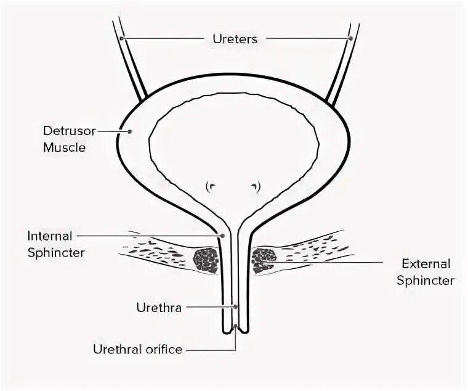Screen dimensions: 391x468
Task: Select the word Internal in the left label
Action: pyautogui.click(x=50, y=236)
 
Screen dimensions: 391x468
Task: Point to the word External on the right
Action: pyautogui.click(x=426, y=264)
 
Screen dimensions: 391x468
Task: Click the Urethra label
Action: pyautogui.click(x=158, y=307)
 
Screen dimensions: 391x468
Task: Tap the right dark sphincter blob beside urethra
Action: pyautogui.click(x=264, y=259)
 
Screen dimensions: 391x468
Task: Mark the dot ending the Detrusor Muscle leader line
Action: pyautogui.click(x=130, y=131)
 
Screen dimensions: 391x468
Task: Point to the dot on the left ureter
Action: pyautogui.click(x=122, y=39)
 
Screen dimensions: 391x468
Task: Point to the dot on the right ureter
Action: pyautogui.click(x=350, y=39)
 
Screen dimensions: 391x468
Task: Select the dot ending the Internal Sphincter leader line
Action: pyautogui.click(x=222, y=236)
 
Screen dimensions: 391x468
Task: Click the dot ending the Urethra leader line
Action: pyautogui.click(x=235, y=306)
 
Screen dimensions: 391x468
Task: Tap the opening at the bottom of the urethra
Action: pyautogui.click(x=235, y=329)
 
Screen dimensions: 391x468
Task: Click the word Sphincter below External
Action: pyautogui.click(x=426, y=281)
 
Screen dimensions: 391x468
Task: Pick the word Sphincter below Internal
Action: pyautogui.click(x=56, y=253)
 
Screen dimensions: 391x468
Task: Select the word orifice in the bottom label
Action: pyautogui.click(x=163, y=350)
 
